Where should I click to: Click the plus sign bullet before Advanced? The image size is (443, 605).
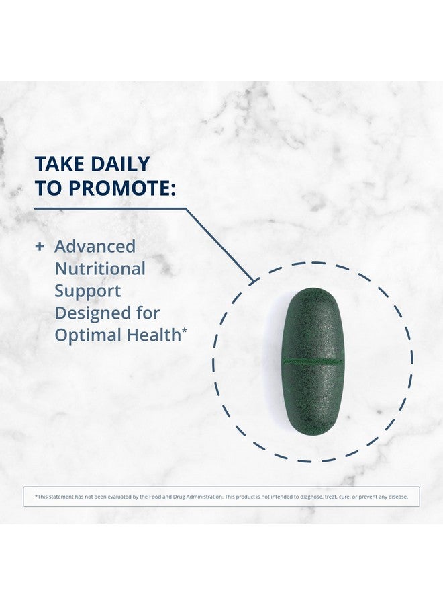click(40, 247)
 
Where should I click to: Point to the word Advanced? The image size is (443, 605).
click(95, 247)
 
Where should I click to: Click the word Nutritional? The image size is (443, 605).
click(100, 269)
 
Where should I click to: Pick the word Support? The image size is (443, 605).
click(88, 291)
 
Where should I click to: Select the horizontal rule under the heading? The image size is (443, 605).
click(107, 208)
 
